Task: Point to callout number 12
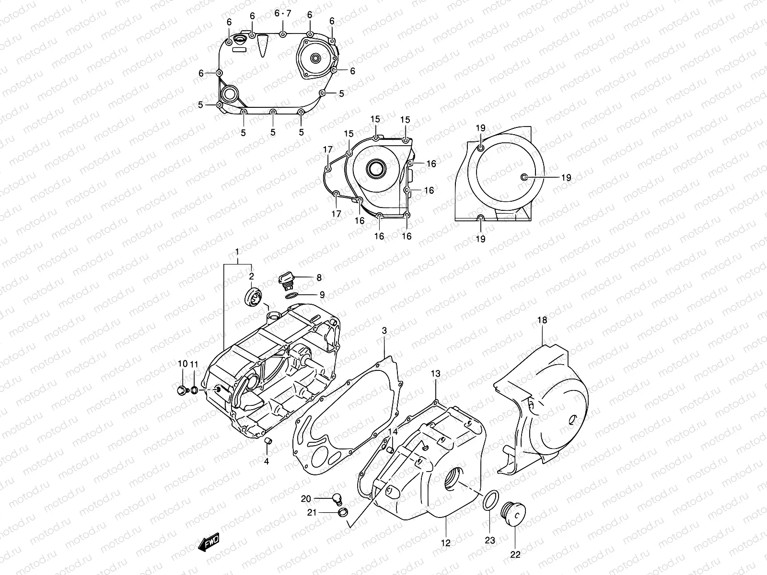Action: point(446,543)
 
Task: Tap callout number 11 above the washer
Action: point(194,364)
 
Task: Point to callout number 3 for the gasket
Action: point(384,331)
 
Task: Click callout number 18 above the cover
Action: point(542,320)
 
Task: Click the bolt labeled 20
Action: point(337,499)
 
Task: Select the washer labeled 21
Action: point(342,513)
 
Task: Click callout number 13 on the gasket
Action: point(435,373)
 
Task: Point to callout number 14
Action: point(393,432)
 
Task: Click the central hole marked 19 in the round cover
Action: point(524,178)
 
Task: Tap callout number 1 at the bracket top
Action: point(236,252)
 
